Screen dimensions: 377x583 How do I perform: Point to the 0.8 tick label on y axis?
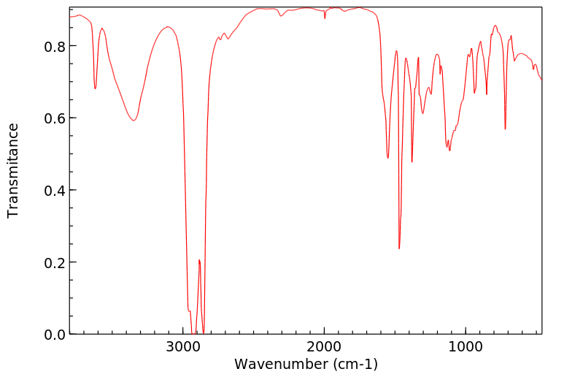(55, 46)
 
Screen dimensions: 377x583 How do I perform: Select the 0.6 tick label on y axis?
(55, 118)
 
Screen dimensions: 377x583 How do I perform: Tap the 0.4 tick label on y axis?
(55, 190)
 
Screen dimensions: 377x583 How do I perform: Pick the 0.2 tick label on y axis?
(55, 262)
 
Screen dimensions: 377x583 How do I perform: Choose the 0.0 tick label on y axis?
(55, 334)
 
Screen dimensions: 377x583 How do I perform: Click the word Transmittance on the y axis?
(13, 170)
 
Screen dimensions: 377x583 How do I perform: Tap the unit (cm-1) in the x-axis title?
(353, 364)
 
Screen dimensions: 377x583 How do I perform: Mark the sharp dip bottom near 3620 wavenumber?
(95, 88)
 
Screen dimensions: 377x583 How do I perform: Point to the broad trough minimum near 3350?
(134, 121)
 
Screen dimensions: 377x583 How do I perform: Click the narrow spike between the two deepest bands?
(198, 260)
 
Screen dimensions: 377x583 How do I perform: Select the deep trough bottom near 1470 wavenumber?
(399, 248)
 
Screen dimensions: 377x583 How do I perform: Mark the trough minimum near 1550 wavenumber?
(388, 158)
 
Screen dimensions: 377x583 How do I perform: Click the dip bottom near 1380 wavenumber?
(412, 161)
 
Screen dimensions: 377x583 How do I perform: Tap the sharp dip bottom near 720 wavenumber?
(505, 129)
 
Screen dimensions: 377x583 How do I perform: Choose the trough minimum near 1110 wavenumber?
(449, 151)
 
